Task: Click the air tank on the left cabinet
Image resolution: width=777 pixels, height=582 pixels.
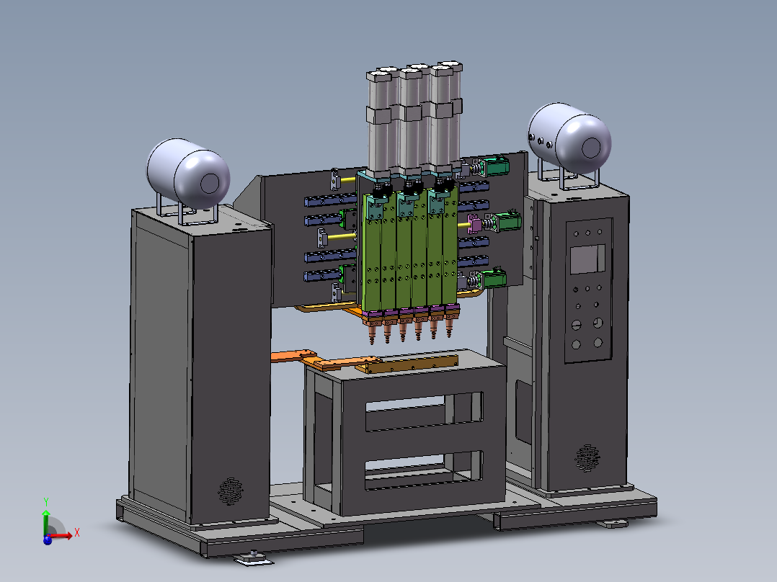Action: point(188,174)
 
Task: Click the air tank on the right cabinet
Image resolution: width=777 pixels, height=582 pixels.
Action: point(569,138)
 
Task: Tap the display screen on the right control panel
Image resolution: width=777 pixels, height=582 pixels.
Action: point(587,259)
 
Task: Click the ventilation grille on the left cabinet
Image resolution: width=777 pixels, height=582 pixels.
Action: point(231,491)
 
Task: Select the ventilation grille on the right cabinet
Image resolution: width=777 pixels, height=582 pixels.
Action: point(587,458)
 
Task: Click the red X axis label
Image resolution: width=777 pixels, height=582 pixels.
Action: point(77,533)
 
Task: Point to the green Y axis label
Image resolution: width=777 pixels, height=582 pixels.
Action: point(45,502)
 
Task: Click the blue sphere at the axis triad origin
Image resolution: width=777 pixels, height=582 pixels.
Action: point(48,540)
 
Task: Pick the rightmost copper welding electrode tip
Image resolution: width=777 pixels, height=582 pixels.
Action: point(450,327)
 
